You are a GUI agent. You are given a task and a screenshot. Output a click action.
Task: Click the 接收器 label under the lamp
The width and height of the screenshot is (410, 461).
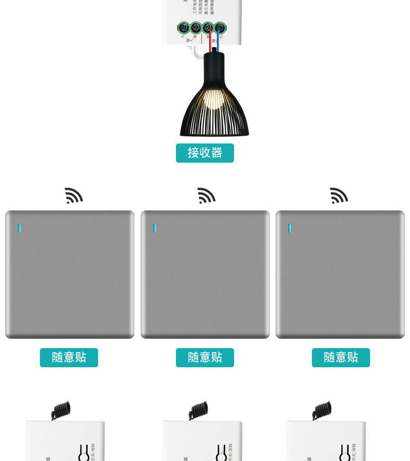204,153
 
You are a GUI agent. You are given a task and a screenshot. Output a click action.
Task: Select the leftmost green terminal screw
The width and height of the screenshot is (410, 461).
183,28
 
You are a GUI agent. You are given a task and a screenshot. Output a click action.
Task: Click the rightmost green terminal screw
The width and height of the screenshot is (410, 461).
220,28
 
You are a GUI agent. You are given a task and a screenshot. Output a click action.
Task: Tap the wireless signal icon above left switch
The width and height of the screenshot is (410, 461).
73,196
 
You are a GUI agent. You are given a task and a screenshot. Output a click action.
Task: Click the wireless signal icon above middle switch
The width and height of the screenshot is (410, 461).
206,196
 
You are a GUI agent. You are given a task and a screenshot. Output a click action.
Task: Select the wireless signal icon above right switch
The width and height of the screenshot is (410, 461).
339,196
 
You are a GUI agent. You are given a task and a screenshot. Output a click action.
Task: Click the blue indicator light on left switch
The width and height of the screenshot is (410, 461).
20,228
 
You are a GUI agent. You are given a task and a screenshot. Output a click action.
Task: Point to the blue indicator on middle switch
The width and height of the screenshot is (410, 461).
155,228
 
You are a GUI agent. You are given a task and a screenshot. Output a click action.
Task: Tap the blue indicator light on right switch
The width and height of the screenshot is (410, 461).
290,228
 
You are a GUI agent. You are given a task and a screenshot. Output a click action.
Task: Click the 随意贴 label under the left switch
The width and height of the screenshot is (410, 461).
69,357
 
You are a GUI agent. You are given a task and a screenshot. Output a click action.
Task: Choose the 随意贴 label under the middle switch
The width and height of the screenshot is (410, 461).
205,357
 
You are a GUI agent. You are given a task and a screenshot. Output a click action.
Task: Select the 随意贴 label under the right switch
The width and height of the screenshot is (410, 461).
341,357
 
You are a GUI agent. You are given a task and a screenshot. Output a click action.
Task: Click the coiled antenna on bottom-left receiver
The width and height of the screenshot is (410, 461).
61,410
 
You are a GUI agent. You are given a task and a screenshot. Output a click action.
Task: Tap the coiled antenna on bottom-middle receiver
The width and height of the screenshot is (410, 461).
198,410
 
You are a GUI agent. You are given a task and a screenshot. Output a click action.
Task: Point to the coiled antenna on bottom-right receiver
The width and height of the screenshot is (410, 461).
322,410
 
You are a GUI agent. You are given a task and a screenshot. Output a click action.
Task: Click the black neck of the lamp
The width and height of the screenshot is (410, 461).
214,65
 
